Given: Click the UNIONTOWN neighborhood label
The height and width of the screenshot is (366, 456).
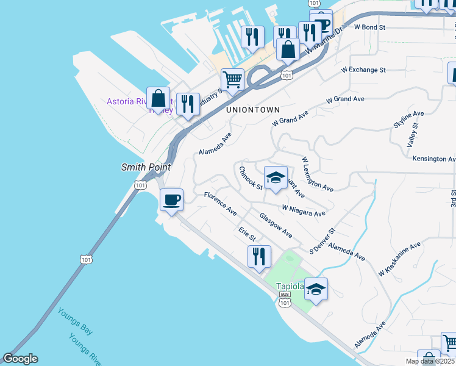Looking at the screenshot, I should tap(252, 110).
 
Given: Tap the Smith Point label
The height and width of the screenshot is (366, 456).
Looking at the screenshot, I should tap(146, 167).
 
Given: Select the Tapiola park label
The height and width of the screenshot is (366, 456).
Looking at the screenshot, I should tap(290, 286).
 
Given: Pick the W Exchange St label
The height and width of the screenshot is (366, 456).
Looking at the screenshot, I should tap(363, 70).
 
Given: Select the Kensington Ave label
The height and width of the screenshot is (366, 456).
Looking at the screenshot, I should tap(433, 159).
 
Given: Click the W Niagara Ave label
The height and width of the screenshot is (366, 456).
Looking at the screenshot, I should tap(303, 210).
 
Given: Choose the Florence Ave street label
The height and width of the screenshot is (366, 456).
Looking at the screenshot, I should tap(220, 204).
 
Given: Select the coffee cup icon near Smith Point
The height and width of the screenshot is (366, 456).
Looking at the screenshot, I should tap(171, 199).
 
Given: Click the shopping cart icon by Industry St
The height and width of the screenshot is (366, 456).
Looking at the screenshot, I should tap(232, 79).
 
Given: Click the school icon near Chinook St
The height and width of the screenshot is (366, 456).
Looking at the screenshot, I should tap(276, 178).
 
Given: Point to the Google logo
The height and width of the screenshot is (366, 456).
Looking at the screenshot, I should tap(20, 359).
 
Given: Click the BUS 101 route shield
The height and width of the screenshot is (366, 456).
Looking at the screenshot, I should tap(285, 298).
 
